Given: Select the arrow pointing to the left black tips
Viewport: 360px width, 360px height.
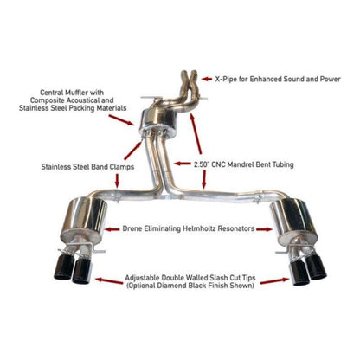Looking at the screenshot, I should point(107,280).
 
